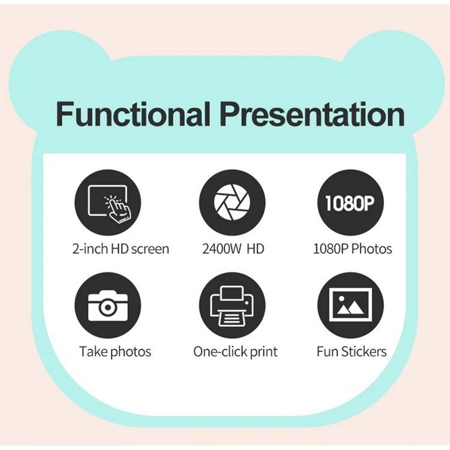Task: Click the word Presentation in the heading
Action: point(312,114)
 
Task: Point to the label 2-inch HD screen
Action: point(120,248)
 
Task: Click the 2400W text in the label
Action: point(222,248)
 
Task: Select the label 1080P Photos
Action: point(352,248)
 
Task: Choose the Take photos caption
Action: point(115,351)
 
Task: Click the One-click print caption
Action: point(235,351)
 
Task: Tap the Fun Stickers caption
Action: point(351,351)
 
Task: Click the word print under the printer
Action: point(263,351)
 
